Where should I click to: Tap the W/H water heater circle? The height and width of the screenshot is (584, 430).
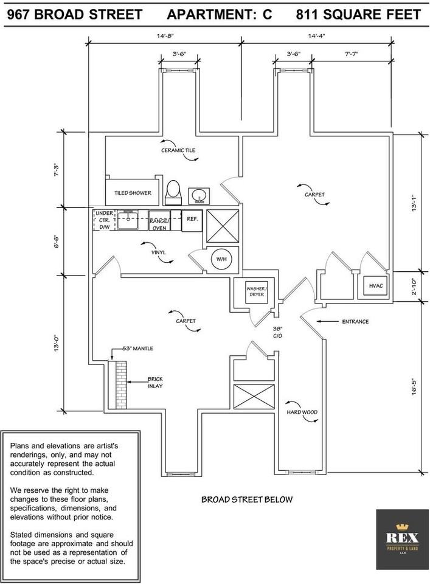click(219, 260)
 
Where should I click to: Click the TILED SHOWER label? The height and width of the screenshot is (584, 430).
click(133, 193)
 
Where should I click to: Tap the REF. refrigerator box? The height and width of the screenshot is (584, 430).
click(192, 218)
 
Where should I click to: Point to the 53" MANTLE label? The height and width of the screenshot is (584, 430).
click(137, 349)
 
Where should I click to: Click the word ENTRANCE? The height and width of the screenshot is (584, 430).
click(355, 321)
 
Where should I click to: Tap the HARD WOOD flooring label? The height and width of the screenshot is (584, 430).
click(302, 412)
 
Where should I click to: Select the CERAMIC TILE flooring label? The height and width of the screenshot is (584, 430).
click(178, 150)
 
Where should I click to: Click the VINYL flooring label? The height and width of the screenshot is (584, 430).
click(159, 251)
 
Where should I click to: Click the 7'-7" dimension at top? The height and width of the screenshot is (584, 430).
click(351, 54)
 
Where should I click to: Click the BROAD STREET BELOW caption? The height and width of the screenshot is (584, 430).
click(247, 499)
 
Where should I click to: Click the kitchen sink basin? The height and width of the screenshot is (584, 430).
click(129, 221)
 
